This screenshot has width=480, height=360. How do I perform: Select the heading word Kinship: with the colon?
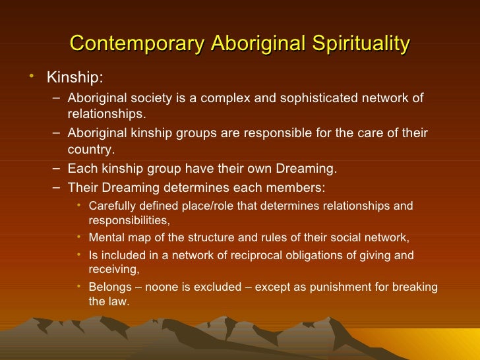(x=75, y=78)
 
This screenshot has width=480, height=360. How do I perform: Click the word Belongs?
(x=109, y=287)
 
